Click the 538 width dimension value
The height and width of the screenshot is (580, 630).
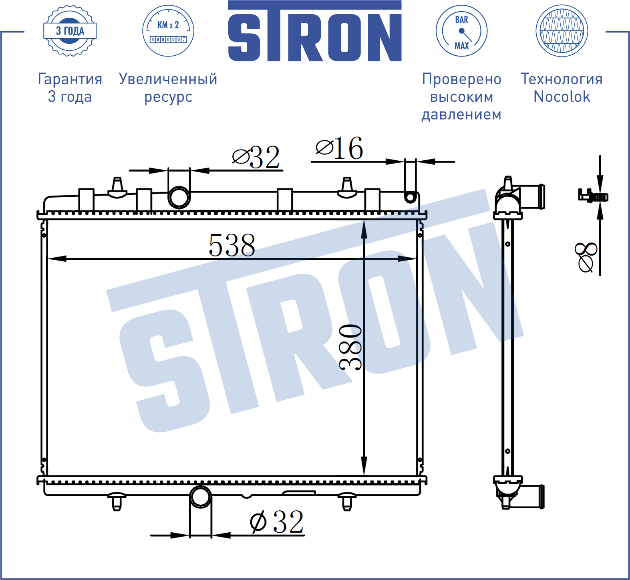(x=232, y=245)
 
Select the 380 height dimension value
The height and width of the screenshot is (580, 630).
(x=350, y=347)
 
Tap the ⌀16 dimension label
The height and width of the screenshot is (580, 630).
(x=340, y=148)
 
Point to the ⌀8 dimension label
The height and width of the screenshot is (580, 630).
(x=586, y=257)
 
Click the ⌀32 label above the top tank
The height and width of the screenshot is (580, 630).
(x=256, y=157)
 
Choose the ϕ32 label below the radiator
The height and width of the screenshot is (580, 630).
(x=277, y=522)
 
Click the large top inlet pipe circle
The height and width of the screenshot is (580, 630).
(x=179, y=197)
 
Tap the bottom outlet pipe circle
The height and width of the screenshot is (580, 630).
(x=200, y=497)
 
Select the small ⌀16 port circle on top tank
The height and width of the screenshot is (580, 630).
(x=410, y=197)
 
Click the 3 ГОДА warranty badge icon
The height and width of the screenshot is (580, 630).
(x=70, y=31)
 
